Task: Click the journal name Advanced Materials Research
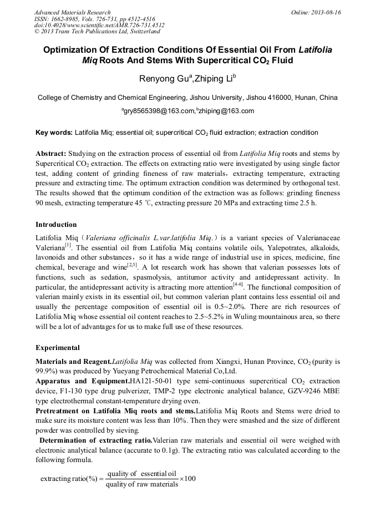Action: [x=72, y=12]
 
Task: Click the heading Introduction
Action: [x=56, y=225]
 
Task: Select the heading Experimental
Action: [x=57, y=348]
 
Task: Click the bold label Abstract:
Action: [x=51, y=153]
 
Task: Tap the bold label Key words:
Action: [x=54, y=133]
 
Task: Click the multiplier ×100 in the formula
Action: [x=188, y=479]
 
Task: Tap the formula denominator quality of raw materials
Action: [x=142, y=484]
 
